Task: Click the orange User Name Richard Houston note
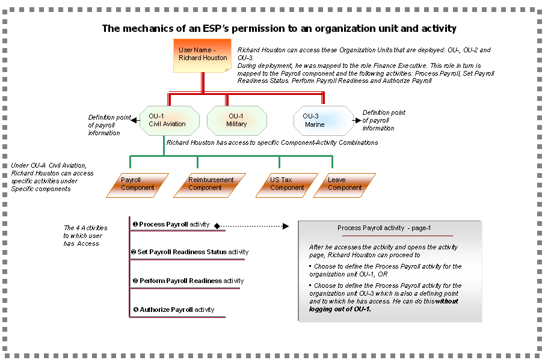click(x=203, y=55)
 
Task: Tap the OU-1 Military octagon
click(x=236, y=120)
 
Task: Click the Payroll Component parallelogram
click(x=137, y=185)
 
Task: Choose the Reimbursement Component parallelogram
click(x=211, y=185)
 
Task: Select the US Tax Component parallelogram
click(x=286, y=185)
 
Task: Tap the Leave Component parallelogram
click(x=344, y=185)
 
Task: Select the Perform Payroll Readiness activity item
click(x=188, y=281)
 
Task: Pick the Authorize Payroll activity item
click(x=173, y=310)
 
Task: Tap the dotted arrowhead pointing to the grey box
click(x=286, y=227)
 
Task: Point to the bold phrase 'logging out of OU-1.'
click(x=340, y=309)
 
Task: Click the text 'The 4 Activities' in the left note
click(x=85, y=228)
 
